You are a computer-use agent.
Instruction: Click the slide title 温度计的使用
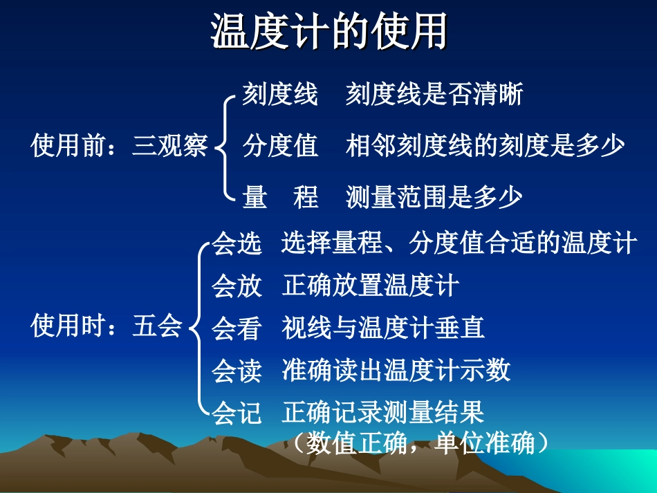[328, 32]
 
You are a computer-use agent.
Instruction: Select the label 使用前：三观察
[119, 147]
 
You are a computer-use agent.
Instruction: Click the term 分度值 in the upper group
[280, 147]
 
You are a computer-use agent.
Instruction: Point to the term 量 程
[280, 198]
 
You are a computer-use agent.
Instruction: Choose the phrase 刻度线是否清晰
[434, 95]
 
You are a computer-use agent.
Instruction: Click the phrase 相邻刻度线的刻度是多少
[485, 147]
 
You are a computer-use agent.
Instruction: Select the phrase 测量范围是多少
[434, 198]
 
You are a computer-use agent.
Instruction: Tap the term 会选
[237, 244]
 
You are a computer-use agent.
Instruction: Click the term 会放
[237, 286]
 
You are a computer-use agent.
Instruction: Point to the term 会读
[237, 371]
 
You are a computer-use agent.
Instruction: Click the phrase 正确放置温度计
[371, 286]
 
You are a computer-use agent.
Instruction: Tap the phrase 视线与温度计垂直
[383, 328]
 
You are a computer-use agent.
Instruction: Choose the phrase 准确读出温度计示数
[396, 371]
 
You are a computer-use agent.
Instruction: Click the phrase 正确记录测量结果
[383, 413]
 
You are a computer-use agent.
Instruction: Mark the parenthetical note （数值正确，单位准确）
[420, 443]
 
